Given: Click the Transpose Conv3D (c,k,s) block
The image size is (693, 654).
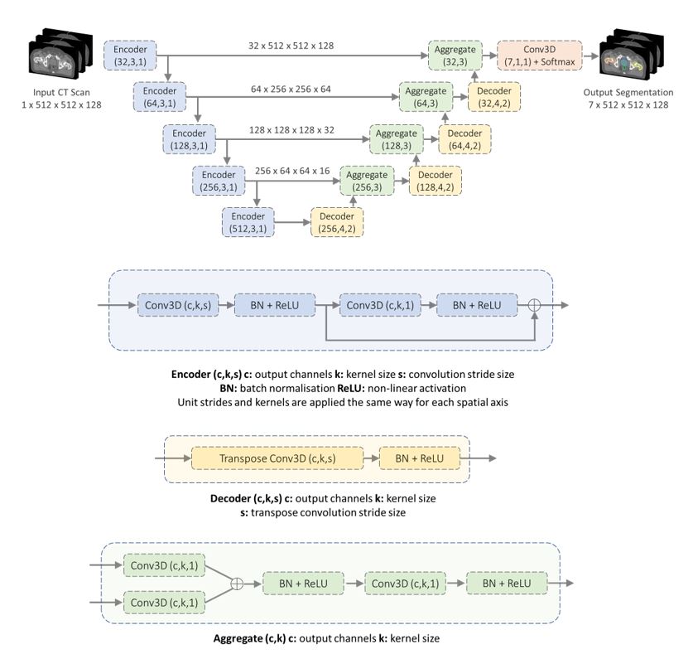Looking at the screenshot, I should pyautogui.click(x=277, y=458).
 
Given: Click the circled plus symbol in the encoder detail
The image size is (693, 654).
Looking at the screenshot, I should pyautogui.click(x=534, y=305).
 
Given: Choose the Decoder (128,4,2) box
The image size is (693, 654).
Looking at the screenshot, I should pyautogui.click(x=434, y=181).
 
